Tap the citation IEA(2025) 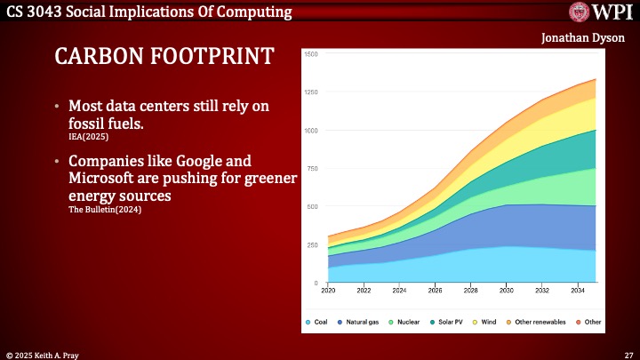pyautogui.click(x=72, y=138)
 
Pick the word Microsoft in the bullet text pyautogui.click(x=100, y=179)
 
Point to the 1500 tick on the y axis pyautogui.click(x=311, y=54)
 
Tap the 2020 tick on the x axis pyautogui.click(x=328, y=290)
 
